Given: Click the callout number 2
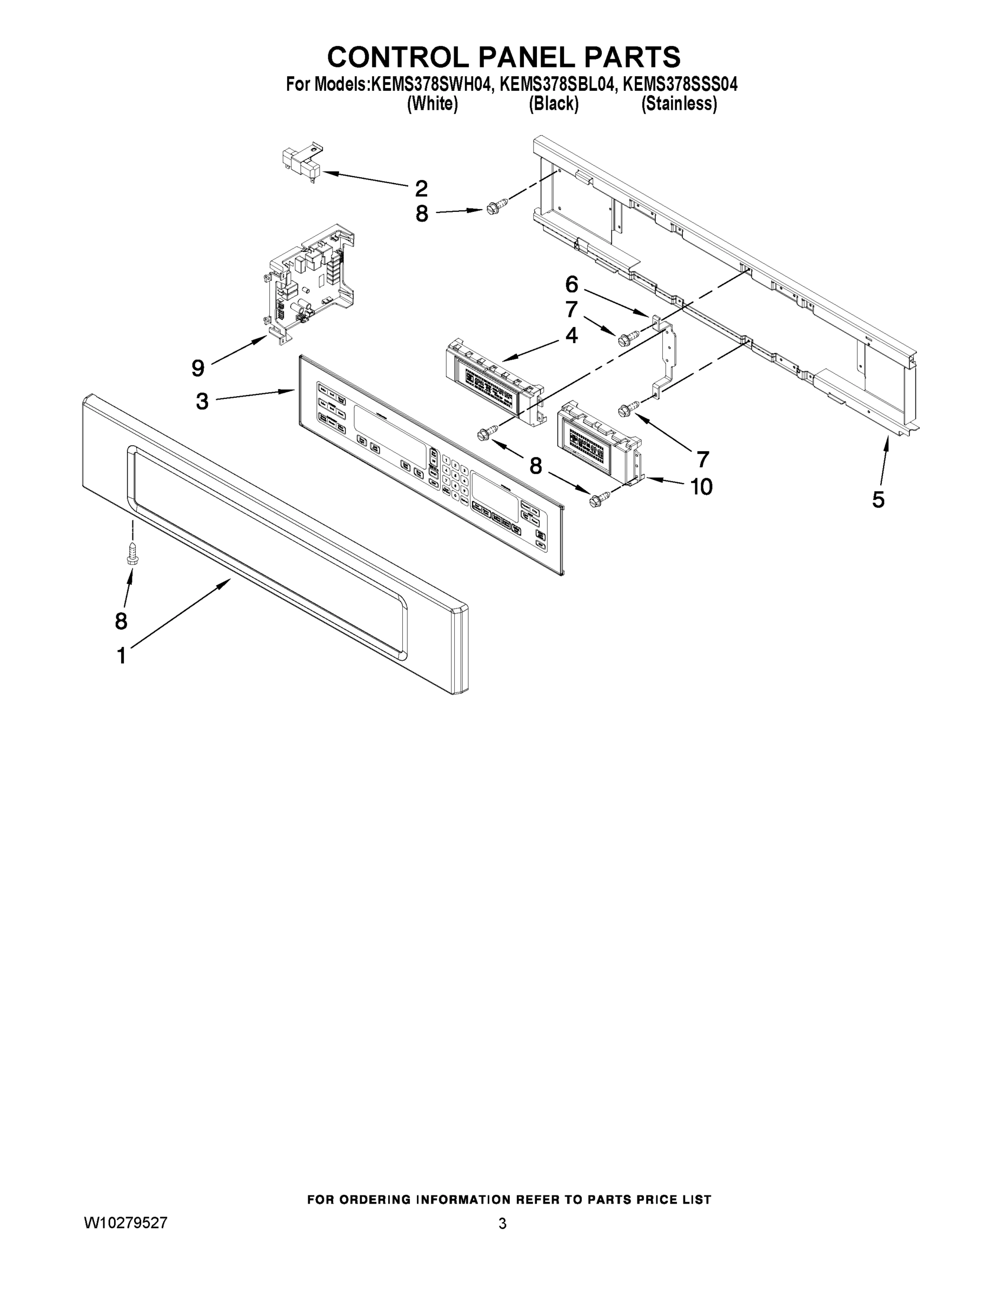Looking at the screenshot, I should [x=421, y=189].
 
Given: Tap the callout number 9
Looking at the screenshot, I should [x=198, y=368].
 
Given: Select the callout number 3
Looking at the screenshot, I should [x=202, y=402].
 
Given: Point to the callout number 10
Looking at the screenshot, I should [x=701, y=487].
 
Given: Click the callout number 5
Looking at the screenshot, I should [x=878, y=499].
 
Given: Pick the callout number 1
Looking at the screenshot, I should [x=121, y=656].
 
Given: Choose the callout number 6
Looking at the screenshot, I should [x=572, y=285].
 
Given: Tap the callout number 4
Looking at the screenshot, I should [x=572, y=336].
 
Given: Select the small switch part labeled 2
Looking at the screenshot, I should [x=301, y=163].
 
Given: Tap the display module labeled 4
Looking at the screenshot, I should [x=493, y=380].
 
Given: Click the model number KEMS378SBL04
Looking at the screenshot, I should [x=556, y=84].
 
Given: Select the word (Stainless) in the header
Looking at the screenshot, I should [x=679, y=104].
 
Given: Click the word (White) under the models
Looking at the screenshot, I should [x=432, y=104].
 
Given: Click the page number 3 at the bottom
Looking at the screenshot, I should [x=502, y=1224].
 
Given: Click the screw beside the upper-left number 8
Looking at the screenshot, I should [x=494, y=208].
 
